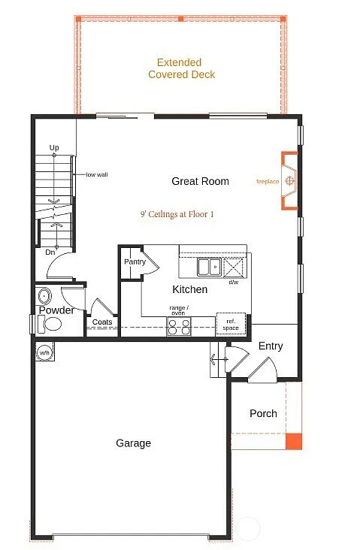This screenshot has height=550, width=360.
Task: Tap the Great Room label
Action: [x=200, y=181]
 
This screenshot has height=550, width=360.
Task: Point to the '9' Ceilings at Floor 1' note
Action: [x=177, y=214]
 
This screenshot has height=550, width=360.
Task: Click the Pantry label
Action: [x=135, y=262]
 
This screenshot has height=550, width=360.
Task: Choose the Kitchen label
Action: [x=189, y=289]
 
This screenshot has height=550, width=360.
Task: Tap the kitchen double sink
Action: [x=208, y=267]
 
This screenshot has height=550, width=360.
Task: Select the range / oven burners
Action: [x=179, y=326]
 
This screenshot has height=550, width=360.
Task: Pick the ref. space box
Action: [x=231, y=323]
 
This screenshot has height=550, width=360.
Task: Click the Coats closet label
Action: [x=101, y=322]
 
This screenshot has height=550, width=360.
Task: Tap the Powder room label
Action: [x=56, y=310]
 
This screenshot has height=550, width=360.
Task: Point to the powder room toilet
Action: [x=52, y=325]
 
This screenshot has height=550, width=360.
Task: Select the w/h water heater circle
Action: [x=44, y=352]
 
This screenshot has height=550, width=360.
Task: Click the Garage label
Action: [x=133, y=443]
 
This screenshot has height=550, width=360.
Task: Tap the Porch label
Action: [x=263, y=413]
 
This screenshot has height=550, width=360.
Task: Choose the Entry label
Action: [x=271, y=346]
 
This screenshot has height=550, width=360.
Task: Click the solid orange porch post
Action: [x=294, y=442]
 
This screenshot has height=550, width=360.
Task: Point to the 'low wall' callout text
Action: [x=97, y=174]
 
